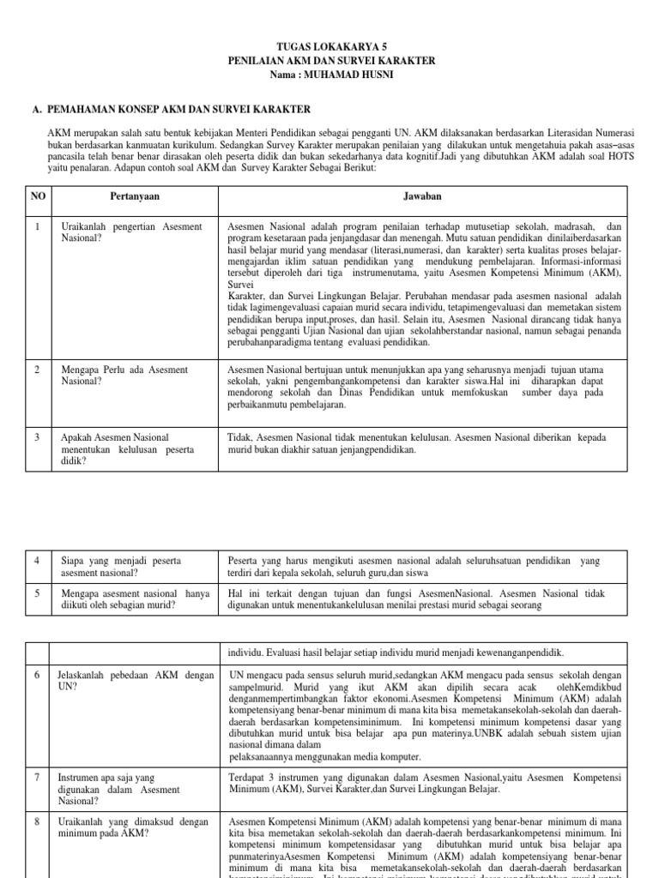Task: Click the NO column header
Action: pos(38,195)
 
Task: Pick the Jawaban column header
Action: pos(423,195)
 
